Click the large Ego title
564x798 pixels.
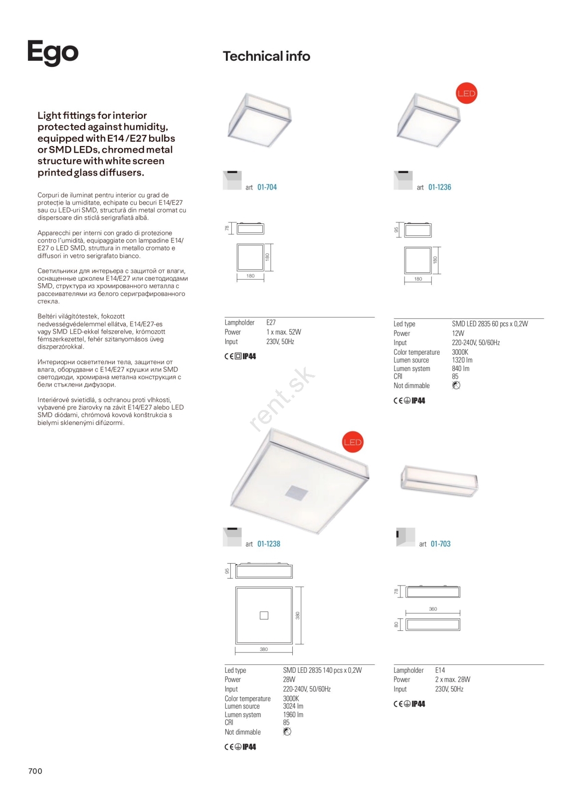click(53, 52)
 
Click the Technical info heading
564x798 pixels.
click(266, 56)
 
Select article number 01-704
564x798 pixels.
click(267, 188)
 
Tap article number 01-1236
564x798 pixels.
click(439, 188)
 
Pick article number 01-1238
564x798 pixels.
click(269, 544)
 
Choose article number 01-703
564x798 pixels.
click(440, 544)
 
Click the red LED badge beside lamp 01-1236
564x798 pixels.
click(466, 93)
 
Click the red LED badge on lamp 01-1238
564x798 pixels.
click(353, 442)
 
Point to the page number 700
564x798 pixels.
click(35, 771)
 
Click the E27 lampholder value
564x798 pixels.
click(271, 323)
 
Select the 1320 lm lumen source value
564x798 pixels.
click(462, 360)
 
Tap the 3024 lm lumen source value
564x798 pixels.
click(293, 706)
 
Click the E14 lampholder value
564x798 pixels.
click(440, 670)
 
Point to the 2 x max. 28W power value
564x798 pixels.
click(452, 680)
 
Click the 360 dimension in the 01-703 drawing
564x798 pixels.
click(433, 609)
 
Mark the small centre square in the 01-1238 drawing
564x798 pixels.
click(264, 615)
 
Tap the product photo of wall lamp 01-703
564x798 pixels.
click(439, 481)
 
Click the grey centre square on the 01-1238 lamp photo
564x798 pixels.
click(296, 492)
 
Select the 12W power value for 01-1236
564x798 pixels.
click(458, 333)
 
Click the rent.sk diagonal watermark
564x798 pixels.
click(282, 399)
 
